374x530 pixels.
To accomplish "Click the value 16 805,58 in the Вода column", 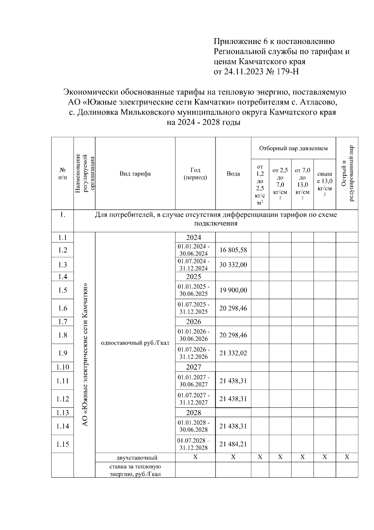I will point(233,250).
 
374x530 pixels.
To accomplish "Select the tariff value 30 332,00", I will point(233,265).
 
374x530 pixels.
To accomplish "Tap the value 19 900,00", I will point(233,290).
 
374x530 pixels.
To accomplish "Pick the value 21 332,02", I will point(233,353).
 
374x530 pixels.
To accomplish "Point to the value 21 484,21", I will point(233,444).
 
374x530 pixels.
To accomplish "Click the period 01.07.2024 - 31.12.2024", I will point(194,265).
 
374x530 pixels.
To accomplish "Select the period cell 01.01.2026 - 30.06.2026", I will point(194,335).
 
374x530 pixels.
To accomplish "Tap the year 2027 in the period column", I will point(194,367).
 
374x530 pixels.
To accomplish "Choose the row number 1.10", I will point(63,367).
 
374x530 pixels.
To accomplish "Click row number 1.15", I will point(63,444).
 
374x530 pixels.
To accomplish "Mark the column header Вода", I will point(233,174).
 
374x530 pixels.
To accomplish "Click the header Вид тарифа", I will point(135,174).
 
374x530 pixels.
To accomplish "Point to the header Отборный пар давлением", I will point(293,148).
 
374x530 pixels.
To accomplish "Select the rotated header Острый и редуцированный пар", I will point(347,174).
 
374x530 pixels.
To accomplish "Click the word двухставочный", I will point(137,458).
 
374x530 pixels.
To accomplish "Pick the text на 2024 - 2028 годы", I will point(204,122).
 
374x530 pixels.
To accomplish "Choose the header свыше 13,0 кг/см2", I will point(324,184).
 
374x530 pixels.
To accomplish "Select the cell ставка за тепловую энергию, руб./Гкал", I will point(135,470).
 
